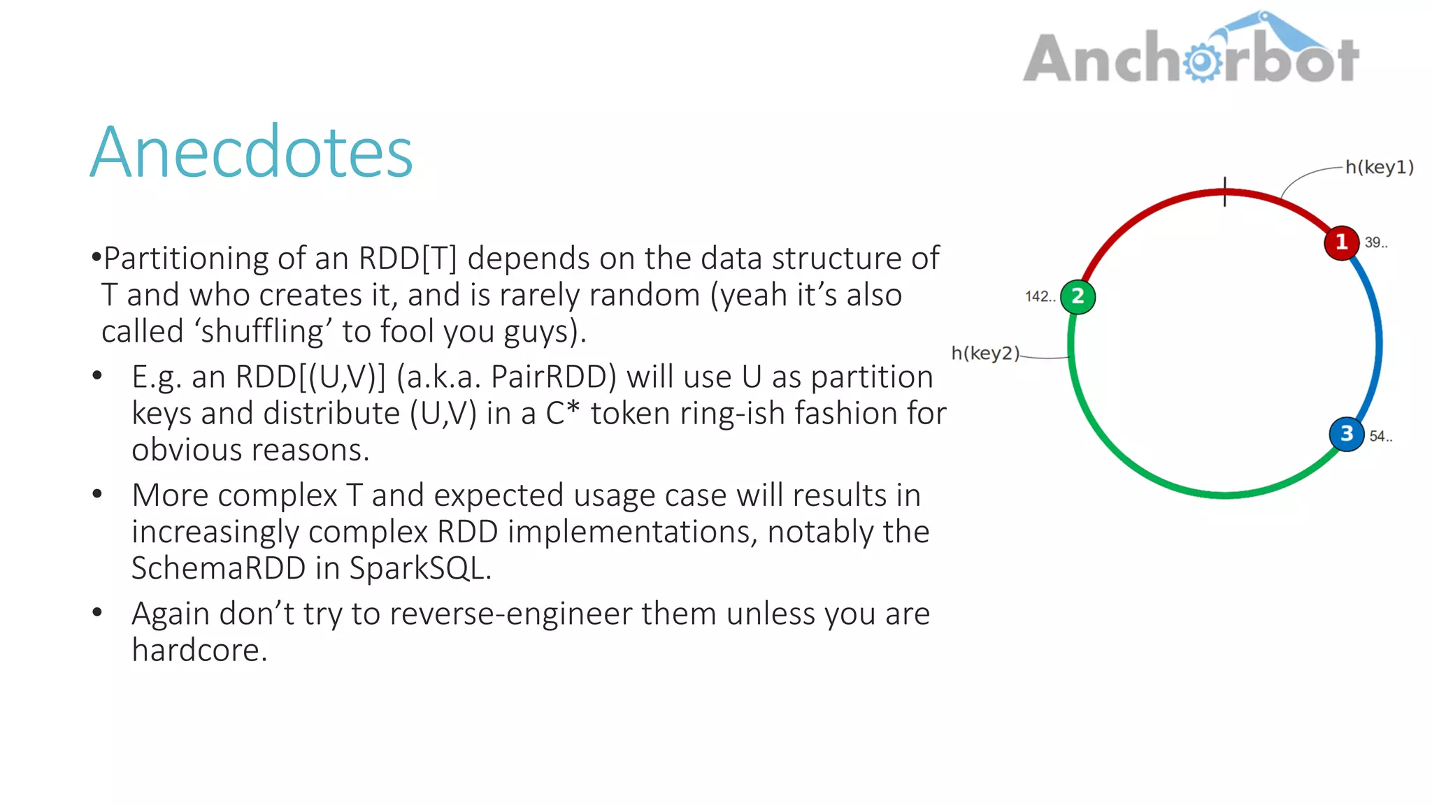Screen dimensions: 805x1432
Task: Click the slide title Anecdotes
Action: coord(252,152)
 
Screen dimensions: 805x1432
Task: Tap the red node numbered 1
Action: coord(1341,242)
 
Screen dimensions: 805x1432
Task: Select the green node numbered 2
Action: coord(1077,296)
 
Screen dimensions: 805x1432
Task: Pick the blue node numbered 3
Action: coord(1346,434)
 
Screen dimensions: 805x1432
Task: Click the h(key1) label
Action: coord(1379,168)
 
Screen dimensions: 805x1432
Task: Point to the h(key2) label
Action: coord(985,354)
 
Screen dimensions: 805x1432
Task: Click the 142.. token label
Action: coord(1040,297)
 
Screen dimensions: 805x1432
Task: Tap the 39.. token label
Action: coord(1375,243)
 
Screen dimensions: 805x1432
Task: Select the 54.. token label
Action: coord(1380,437)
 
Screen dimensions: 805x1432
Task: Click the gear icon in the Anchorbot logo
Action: coord(1202,62)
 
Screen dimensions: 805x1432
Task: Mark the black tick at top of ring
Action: coord(1225,191)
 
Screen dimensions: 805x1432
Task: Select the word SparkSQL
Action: coord(420,568)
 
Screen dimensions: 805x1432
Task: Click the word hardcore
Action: coord(199,651)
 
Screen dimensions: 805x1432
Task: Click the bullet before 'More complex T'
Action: coord(97,495)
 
